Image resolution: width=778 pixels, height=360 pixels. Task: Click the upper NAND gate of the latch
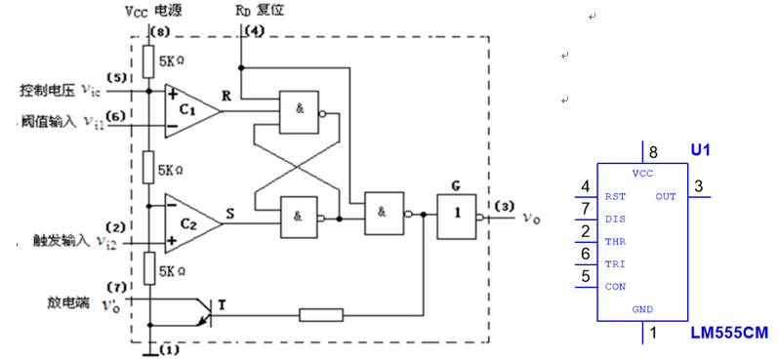(302, 111)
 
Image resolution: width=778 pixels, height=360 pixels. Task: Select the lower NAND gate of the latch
(302, 218)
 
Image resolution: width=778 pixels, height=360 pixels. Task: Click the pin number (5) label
(116, 77)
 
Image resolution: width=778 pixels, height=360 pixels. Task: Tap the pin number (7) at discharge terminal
(116, 287)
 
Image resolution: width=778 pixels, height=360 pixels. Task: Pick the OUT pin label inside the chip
(666, 196)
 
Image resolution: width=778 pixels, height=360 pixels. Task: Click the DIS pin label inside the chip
(615, 219)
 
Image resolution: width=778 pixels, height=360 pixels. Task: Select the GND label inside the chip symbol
(642, 309)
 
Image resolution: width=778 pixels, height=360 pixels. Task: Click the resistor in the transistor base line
(321, 314)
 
